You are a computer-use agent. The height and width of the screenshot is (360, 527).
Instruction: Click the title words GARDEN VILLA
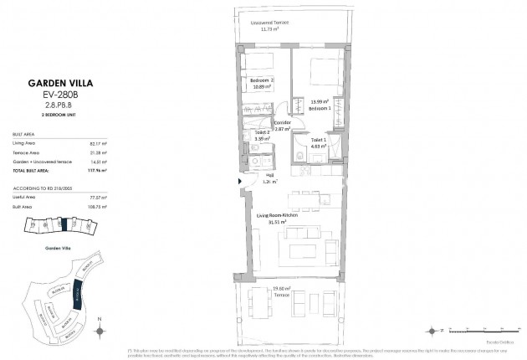point(54,83)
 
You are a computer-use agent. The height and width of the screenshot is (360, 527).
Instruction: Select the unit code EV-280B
point(54,95)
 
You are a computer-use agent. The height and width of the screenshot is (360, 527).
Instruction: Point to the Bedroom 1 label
point(320,108)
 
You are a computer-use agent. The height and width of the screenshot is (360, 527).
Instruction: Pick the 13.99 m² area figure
point(320,101)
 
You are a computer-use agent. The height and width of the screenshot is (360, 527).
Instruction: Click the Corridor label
point(281,122)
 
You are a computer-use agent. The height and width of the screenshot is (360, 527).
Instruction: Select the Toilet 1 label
point(316,141)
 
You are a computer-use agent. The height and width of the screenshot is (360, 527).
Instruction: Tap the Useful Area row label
point(25,196)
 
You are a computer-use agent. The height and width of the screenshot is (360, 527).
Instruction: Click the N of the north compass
point(100,318)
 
